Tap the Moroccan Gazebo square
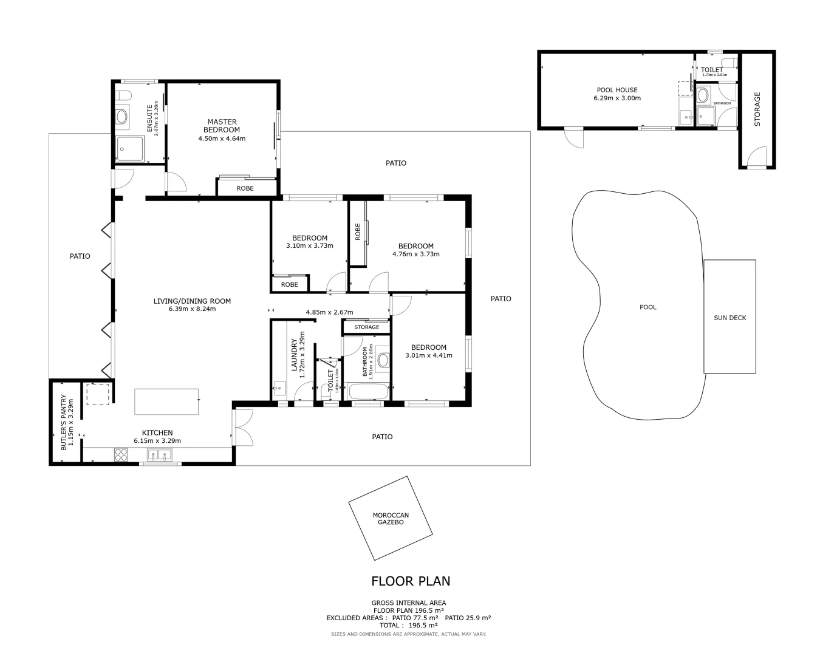click(x=391, y=519)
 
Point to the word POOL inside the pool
click(x=647, y=307)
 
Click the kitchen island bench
click(x=166, y=402)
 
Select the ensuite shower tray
click(x=130, y=149)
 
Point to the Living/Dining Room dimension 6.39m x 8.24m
click(x=192, y=309)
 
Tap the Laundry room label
click(x=294, y=355)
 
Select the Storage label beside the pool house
click(x=757, y=109)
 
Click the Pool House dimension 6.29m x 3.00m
click(x=617, y=98)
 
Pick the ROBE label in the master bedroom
click(x=245, y=188)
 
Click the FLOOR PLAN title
click(x=411, y=581)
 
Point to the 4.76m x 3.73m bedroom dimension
click(x=415, y=255)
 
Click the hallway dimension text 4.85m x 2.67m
click(x=329, y=312)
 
